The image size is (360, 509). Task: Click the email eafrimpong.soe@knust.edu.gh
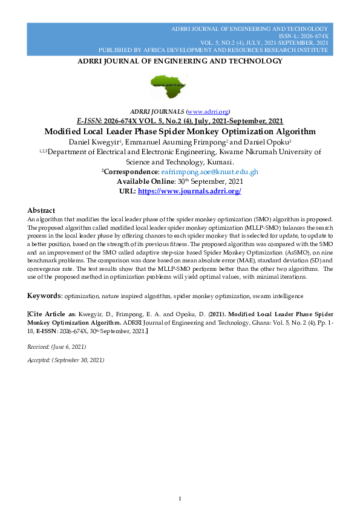(x=209, y=172)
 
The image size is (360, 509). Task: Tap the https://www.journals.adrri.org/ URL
(x=189, y=191)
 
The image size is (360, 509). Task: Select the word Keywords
(x=45, y=296)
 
